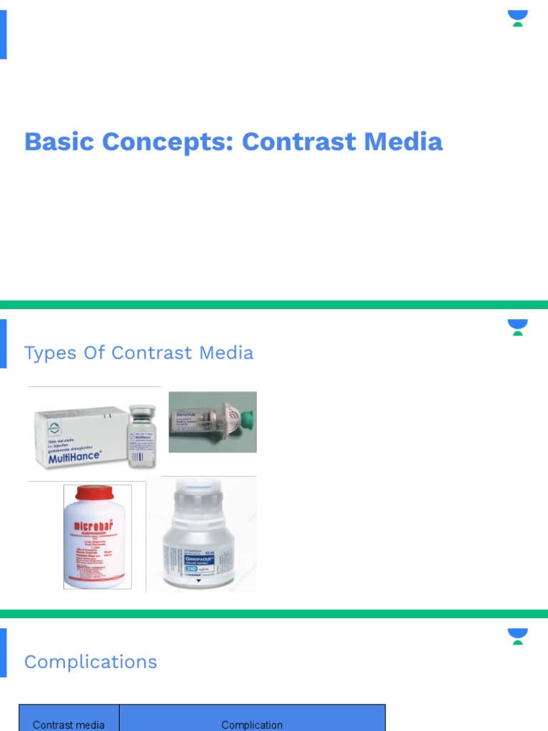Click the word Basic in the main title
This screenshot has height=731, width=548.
tap(60, 141)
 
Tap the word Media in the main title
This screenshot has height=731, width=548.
tap(403, 141)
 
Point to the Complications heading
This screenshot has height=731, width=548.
tap(91, 662)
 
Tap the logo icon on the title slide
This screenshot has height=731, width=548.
tap(518, 18)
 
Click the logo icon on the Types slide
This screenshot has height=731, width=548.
tap(518, 327)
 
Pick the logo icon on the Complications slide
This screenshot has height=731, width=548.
tap(518, 636)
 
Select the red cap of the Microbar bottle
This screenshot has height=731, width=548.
tap(97, 493)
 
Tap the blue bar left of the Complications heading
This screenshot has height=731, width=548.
tap(3, 652)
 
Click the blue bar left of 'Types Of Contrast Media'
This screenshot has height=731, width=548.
tap(3, 343)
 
